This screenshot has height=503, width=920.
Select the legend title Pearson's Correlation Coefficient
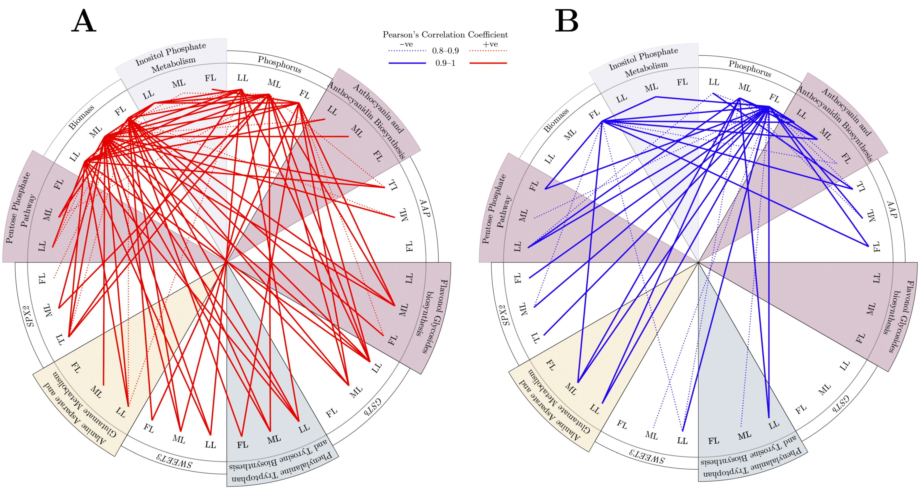pos(445,35)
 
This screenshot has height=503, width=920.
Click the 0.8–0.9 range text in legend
pos(445,51)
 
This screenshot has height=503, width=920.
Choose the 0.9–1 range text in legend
pos(445,63)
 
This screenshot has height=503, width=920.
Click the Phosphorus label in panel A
pos(280,64)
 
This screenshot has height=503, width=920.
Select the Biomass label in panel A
pos(81,117)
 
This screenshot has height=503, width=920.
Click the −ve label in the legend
pos(406,44)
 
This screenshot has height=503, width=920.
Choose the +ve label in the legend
pos(490,44)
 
